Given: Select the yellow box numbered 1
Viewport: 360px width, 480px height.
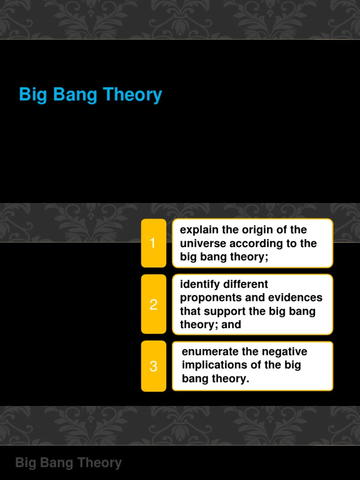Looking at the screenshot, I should pos(153,243).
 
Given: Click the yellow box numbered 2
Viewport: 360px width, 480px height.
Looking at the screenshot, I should pos(153,305).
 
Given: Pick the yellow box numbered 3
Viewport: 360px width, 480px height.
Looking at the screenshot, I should pos(153,366).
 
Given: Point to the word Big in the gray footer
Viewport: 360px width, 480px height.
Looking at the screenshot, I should pos(25,463).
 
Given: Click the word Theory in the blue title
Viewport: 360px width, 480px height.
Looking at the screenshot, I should pos(132,95).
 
